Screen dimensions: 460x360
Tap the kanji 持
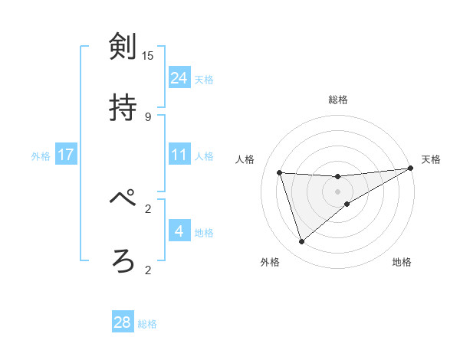pos(123,108)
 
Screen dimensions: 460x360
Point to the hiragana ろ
pos(123,260)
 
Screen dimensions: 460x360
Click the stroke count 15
pos(148,55)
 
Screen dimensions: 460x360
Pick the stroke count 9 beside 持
pos(148,116)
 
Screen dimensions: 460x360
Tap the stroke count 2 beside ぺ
pos(148,208)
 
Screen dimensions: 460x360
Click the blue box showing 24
pos(179,77)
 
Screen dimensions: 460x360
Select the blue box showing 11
pos(179,155)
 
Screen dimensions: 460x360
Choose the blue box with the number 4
pos(179,231)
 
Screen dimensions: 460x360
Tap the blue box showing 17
pos(66,155)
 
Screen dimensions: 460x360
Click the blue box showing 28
pos(123,322)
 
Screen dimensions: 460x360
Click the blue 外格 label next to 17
pos(41,156)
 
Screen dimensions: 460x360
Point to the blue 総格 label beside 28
pos(147,324)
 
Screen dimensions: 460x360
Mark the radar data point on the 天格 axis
pos(410,169)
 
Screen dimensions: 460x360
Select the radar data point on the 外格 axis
pos(301,242)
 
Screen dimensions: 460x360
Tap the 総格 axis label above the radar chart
pos(338,100)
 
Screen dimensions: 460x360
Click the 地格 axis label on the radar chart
pos(402,262)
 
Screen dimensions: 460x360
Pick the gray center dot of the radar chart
pos(338,191)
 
